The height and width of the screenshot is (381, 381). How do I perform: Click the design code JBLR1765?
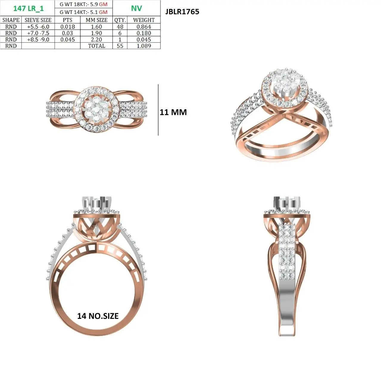tap(182, 12)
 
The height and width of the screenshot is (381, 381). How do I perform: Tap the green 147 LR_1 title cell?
tap(28, 9)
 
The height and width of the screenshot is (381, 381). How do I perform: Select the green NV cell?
tap(136, 8)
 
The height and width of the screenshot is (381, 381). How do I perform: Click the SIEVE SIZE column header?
tap(38, 20)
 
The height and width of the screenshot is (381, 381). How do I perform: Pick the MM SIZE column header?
tap(96, 20)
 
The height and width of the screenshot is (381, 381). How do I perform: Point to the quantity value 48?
tap(120, 26)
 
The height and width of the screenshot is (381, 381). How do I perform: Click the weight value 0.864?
tap(144, 26)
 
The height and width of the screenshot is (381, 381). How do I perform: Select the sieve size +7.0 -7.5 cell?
tap(38, 33)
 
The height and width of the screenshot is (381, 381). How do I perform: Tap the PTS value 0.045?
tap(68, 39)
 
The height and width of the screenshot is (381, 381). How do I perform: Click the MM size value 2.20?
tap(96, 39)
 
